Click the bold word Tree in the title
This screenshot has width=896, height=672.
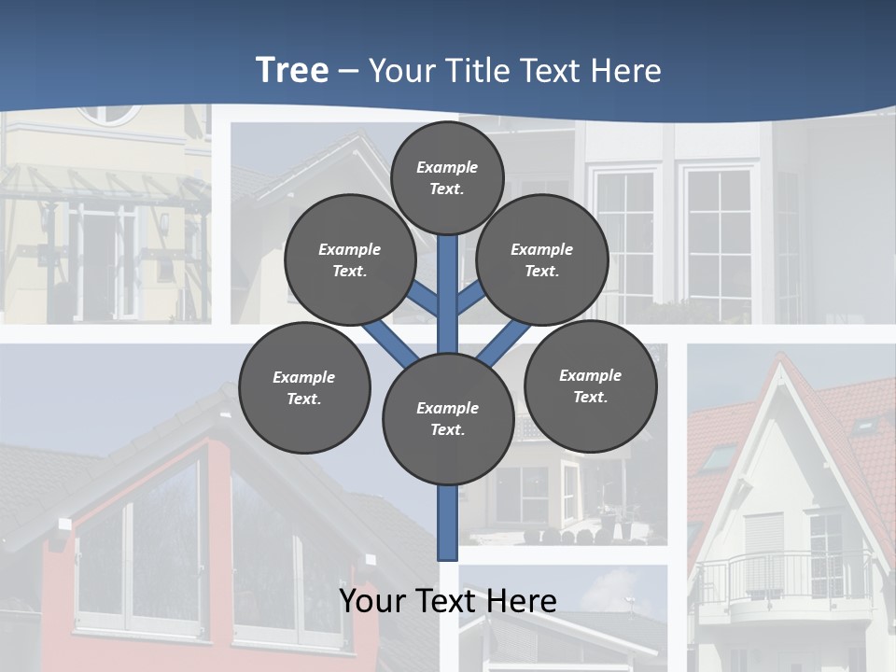(292, 70)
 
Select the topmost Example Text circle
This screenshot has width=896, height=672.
(447, 177)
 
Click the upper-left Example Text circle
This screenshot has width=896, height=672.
(350, 259)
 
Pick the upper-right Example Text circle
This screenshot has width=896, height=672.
(542, 259)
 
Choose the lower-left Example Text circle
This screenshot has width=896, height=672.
(304, 387)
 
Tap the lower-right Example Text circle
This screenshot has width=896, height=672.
(590, 385)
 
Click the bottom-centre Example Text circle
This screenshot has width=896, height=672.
(448, 419)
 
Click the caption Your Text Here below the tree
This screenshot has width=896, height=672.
(448, 601)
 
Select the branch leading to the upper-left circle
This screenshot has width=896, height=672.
(426, 298)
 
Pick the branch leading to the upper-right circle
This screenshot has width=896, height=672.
(470, 296)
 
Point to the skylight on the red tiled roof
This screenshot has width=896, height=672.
(719, 456)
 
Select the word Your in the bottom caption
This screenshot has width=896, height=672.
(371, 601)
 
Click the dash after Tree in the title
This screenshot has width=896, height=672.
(349, 71)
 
